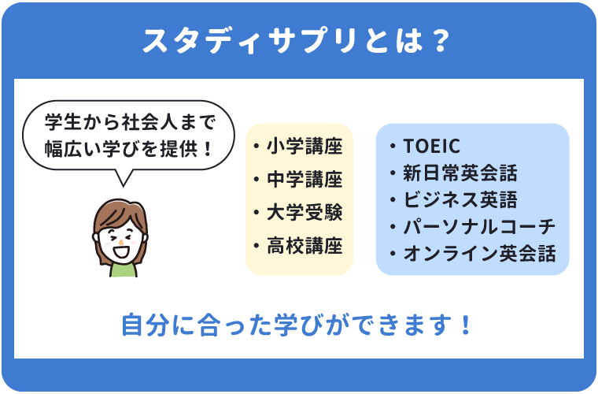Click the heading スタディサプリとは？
[297, 40]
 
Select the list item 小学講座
[305, 146]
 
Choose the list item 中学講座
[305, 179]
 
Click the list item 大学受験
[305, 212]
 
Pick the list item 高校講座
[305, 246]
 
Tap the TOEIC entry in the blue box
[431, 146]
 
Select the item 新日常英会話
[460, 173]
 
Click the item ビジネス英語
[460, 199]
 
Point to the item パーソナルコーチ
[479, 227]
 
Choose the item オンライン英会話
[479, 254]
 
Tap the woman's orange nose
[121, 242]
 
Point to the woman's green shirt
[123, 270]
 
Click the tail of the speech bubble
[123, 179]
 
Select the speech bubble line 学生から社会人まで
[130, 122]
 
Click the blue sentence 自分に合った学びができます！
[297, 325]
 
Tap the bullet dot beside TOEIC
[393, 147]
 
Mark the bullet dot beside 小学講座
[257, 147]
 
